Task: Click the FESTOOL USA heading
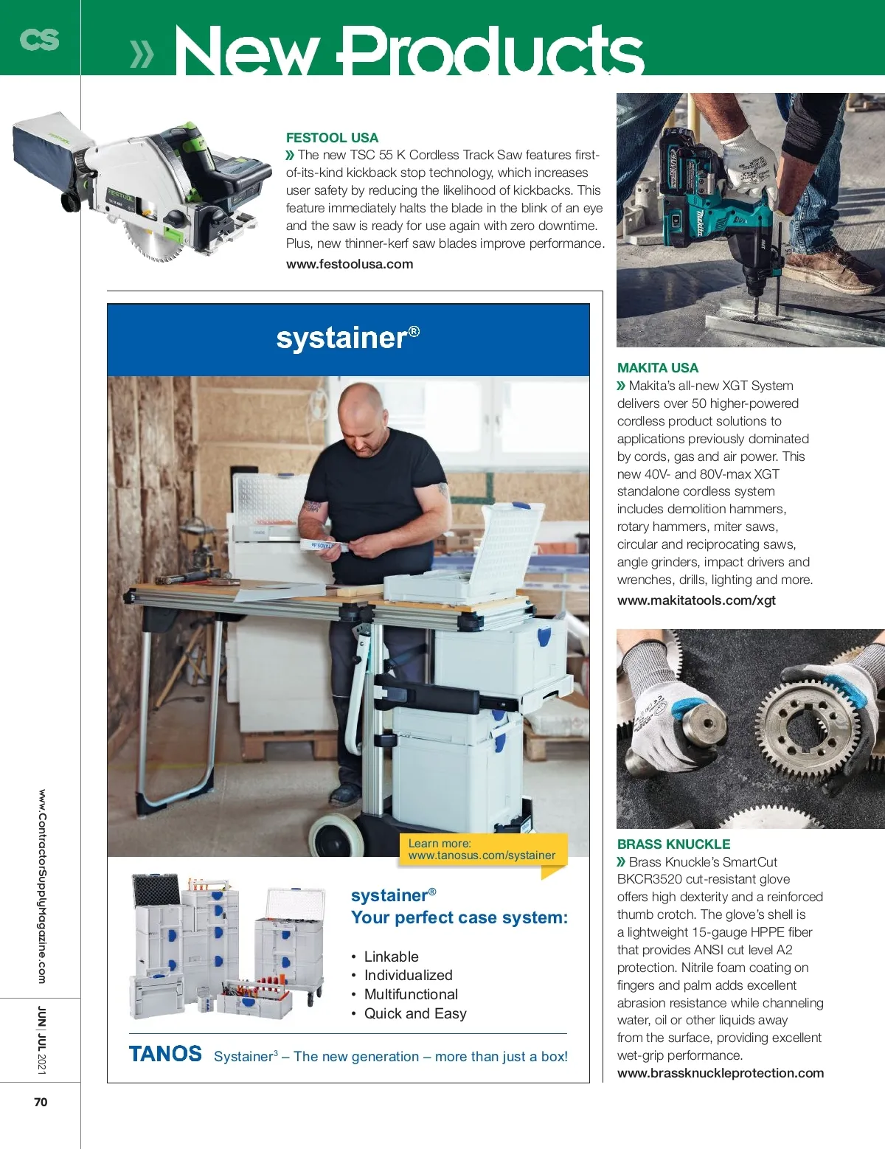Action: coord(332,138)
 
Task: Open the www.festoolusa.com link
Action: coord(350,264)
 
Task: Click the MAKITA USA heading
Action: coord(657,368)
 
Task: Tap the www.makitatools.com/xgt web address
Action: coord(696,600)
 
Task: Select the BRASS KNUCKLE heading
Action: coord(673,844)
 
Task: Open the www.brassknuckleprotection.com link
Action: coord(721,1073)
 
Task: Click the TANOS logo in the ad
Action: coord(165,1054)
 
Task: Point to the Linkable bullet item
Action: coord(391,957)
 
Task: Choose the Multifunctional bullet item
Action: coord(411,994)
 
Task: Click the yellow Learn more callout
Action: coord(482,850)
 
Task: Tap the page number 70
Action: coord(41,1102)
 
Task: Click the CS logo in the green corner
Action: coord(39,38)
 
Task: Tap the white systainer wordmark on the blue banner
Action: coord(347,338)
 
